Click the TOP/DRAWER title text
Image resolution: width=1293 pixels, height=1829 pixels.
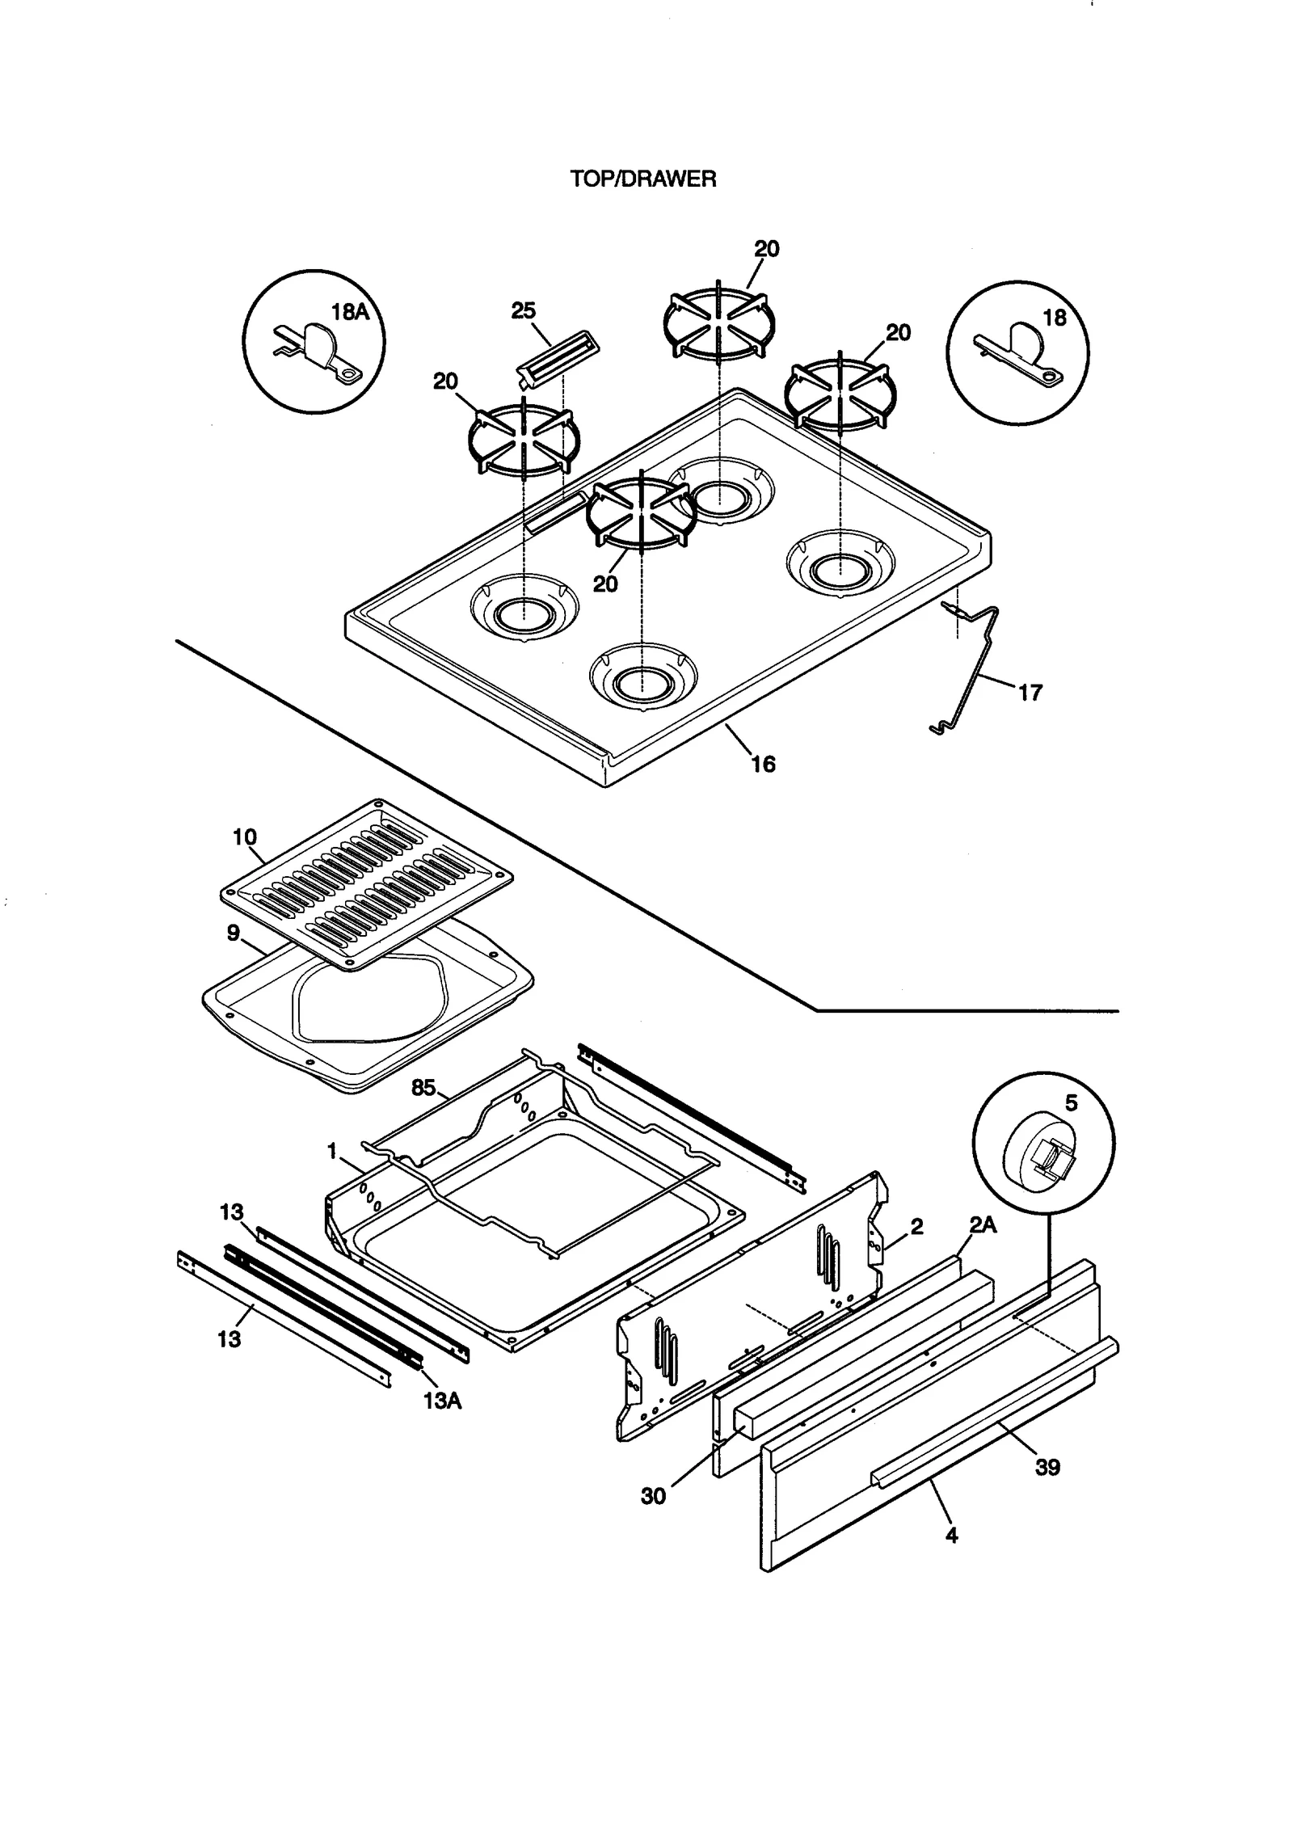[x=643, y=179]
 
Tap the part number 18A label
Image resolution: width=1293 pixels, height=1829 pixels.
[x=350, y=312]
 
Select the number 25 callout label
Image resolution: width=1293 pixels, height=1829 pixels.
[x=523, y=311]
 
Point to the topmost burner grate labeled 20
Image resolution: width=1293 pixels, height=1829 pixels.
[x=718, y=322]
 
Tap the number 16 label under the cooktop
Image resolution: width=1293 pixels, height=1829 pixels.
[x=763, y=764]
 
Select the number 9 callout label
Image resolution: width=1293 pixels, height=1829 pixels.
[x=234, y=933]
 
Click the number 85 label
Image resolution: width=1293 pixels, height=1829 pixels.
[x=423, y=1088]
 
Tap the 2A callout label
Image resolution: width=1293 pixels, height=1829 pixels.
[x=983, y=1226]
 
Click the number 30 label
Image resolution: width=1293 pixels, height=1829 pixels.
[x=653, y=1496]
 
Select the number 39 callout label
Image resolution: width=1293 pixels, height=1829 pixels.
[x=1047, y=1467]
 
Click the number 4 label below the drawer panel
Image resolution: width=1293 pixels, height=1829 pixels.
[x=951, y=1536]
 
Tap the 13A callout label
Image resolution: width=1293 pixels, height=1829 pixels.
[x=442, y=1401]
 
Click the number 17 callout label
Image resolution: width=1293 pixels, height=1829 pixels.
[x=1030, y=693]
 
